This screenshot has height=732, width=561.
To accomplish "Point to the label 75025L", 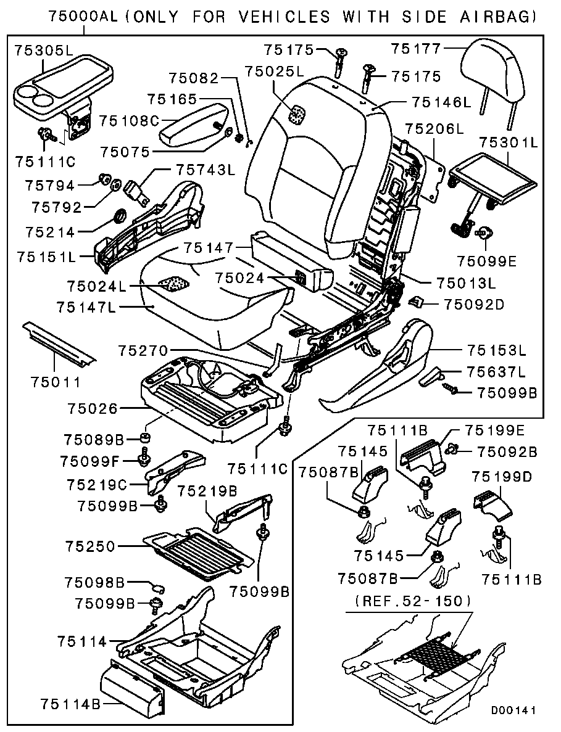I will tap(275, 72).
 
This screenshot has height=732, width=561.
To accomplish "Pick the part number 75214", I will tap(51, 232).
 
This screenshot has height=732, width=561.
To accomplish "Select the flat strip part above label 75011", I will tap(59, 342).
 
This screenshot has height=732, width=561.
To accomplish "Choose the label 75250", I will tap(89, 546).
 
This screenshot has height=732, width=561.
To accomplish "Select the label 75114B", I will tap(72, 703).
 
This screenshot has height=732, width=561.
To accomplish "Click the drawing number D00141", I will tap(513, 710).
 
